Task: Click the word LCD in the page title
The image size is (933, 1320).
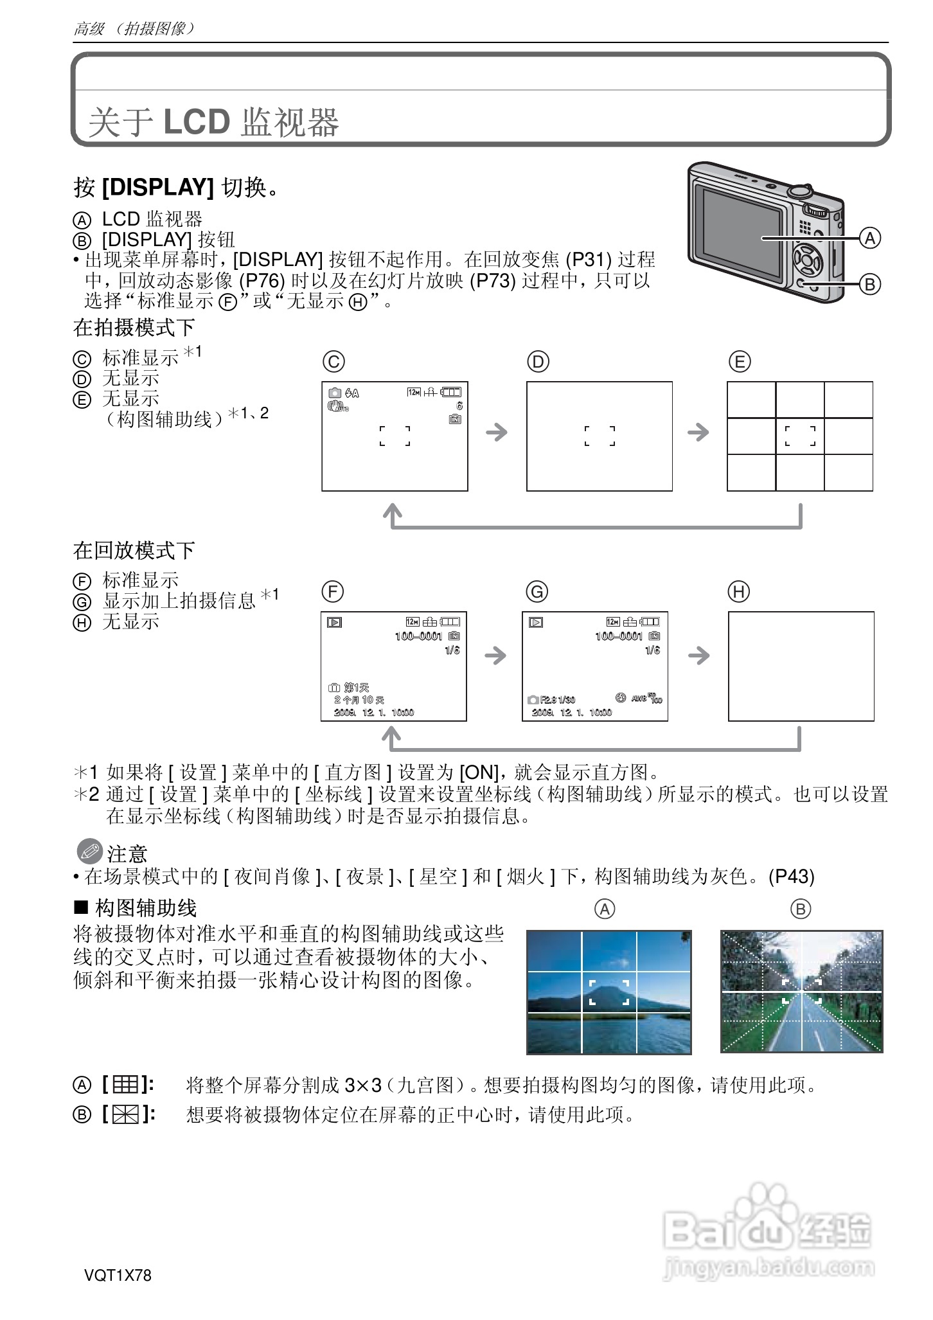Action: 197,121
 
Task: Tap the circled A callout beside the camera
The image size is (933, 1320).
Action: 869,238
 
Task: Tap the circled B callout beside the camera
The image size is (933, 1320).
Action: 869,284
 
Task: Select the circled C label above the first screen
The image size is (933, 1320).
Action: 333,362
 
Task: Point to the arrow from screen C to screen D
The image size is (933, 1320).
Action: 497,432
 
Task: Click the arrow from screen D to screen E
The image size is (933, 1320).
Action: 698,432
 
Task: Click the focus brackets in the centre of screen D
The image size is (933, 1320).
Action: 600,436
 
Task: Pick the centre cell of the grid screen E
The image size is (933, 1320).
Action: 800,436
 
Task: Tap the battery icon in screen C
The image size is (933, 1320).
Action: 451,391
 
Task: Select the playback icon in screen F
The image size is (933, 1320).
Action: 334,622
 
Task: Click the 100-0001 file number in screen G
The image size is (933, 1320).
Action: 619,636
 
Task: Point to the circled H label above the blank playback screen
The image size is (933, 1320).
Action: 739,591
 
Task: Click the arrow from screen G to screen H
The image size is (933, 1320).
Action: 698,656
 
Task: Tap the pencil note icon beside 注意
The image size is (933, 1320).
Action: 89,852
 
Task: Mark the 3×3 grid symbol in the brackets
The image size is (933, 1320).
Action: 126,1085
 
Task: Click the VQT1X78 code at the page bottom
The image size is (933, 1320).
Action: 118,1275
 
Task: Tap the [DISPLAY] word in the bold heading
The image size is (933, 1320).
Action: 158,187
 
